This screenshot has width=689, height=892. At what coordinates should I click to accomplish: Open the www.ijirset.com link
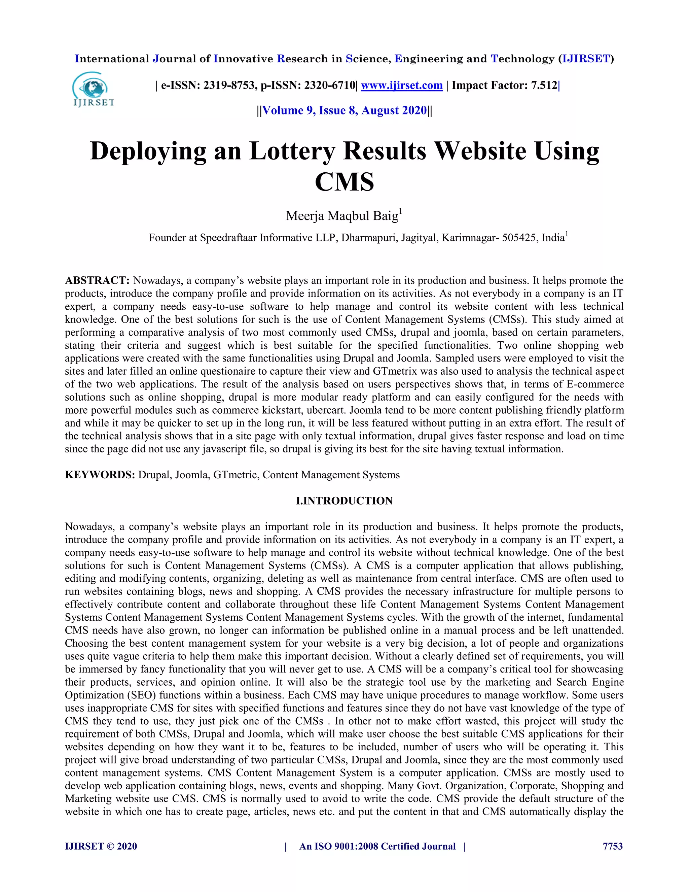click(x=402, y=85)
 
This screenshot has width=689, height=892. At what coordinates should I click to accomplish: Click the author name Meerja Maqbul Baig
click(x=342, y=216)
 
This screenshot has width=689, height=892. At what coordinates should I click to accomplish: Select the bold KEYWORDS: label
click(x=100, y=475)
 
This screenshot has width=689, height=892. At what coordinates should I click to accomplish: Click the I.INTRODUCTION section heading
click(x=344, y=501)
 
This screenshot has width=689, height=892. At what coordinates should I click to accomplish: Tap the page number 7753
click(x=613, y=846)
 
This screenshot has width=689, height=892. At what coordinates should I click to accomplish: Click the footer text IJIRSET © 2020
click(x=101, y=846)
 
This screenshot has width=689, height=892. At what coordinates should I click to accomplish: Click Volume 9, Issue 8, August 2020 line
click(x=344, y=111)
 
